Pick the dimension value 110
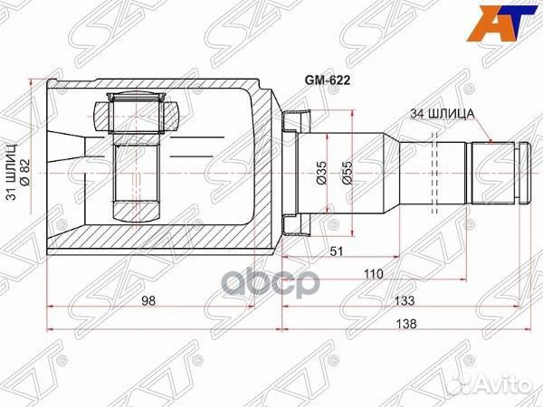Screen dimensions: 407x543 [374, 274]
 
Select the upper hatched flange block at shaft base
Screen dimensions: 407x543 [295, 119]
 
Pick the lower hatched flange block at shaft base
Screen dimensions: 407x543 [295, 223]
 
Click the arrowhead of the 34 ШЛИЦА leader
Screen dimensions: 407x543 [489, 143]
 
